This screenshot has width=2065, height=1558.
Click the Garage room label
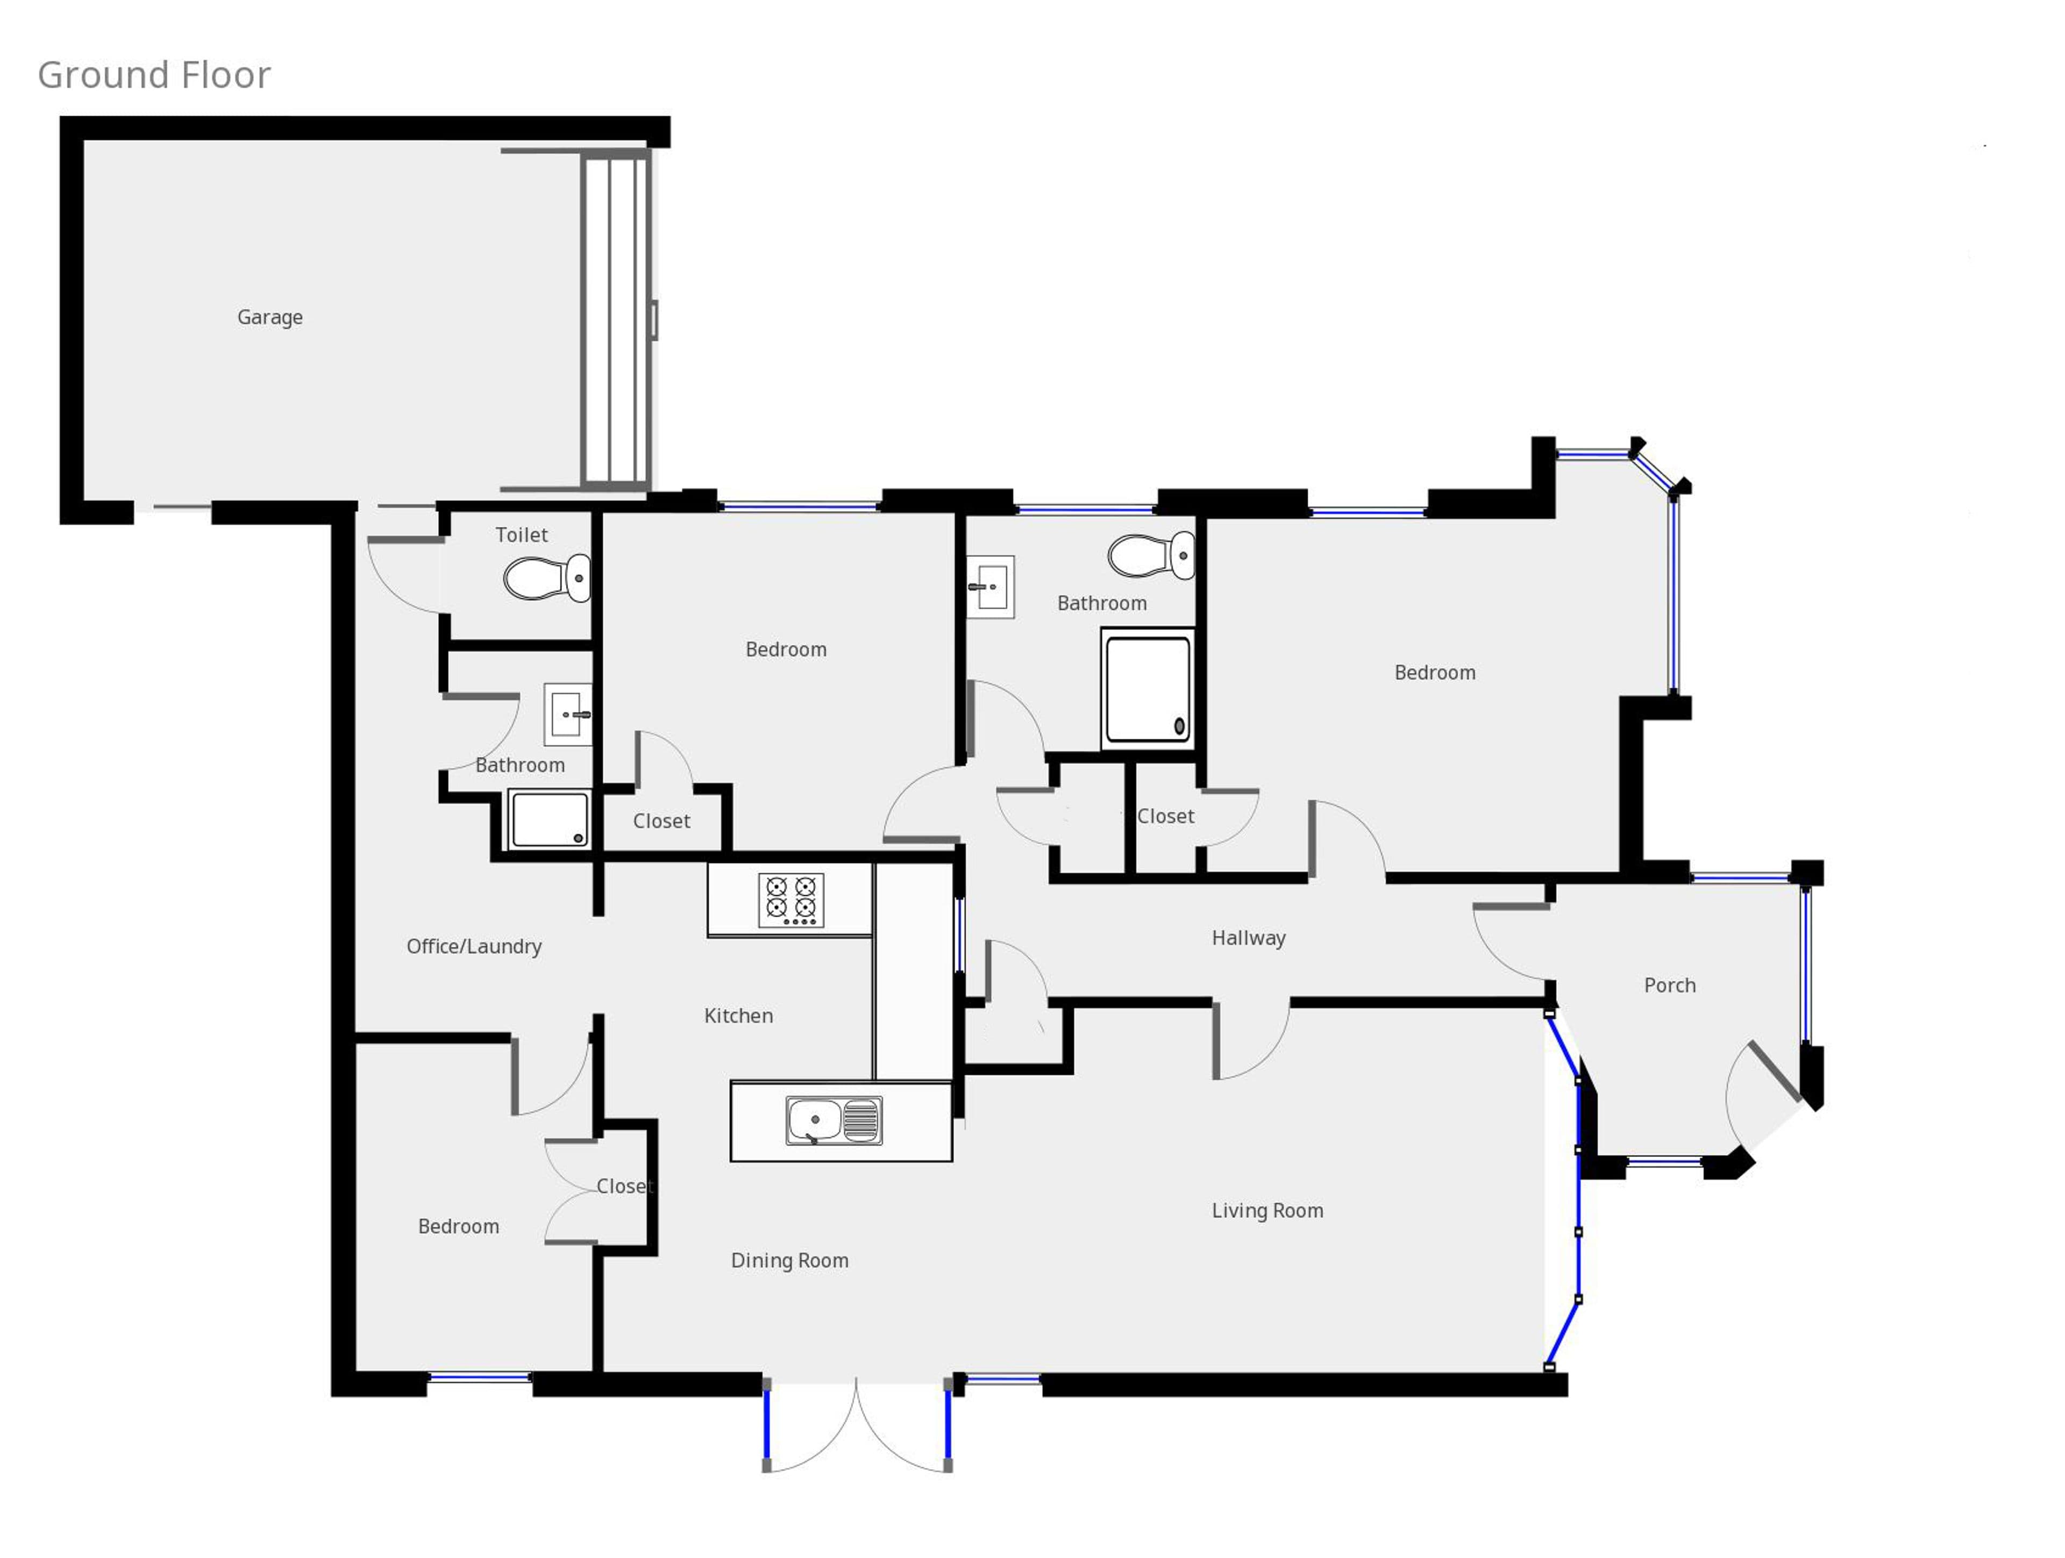[x=270, y=317]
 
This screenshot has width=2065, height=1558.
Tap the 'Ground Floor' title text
[x=154, y=75]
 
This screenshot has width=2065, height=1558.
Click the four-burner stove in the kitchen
[x=791, y=900]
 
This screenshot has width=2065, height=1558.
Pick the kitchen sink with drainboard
[x=834, y=1120]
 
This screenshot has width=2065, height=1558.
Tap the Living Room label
[x=1267, y=1211]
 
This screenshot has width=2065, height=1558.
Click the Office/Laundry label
[x=474, y=947]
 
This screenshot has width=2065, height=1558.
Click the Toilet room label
[x=521, y=535]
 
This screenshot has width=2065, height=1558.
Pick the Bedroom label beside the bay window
[x=1435, y=673]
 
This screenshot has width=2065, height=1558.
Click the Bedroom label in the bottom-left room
[x=458, y=1227]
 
